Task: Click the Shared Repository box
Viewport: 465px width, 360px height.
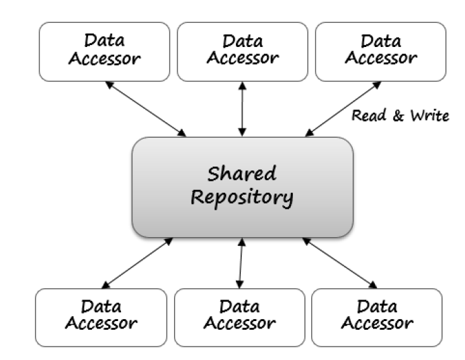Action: pyautogui.click(x=242, y=187)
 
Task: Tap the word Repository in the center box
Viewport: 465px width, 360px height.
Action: pyautogui.click(x=243, y=198)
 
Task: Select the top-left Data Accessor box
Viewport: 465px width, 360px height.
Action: pyautogui.click(x=105, y=51)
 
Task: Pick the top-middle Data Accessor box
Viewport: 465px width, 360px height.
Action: pyautogui.click(x=242, y=51)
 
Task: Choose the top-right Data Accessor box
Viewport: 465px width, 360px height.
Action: pyautogui.click(x=380, y=51)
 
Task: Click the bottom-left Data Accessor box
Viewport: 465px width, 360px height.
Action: pyautogui.click(x=101, y=317)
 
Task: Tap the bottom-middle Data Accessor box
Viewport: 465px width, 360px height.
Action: pyautogui.click(x=239, y=317)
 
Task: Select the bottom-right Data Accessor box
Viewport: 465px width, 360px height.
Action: pyautogui.click(x=377, y=317)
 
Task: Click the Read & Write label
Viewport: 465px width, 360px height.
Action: pyautogui.click(x=400, y=117)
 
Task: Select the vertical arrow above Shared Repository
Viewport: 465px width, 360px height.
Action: pyautogui.click(x=243, y=109)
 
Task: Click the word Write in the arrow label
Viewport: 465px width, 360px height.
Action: pyautogui.click(x=428, y=117)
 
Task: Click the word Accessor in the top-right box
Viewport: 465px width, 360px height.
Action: pyautogui.click(x=380, y=58)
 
